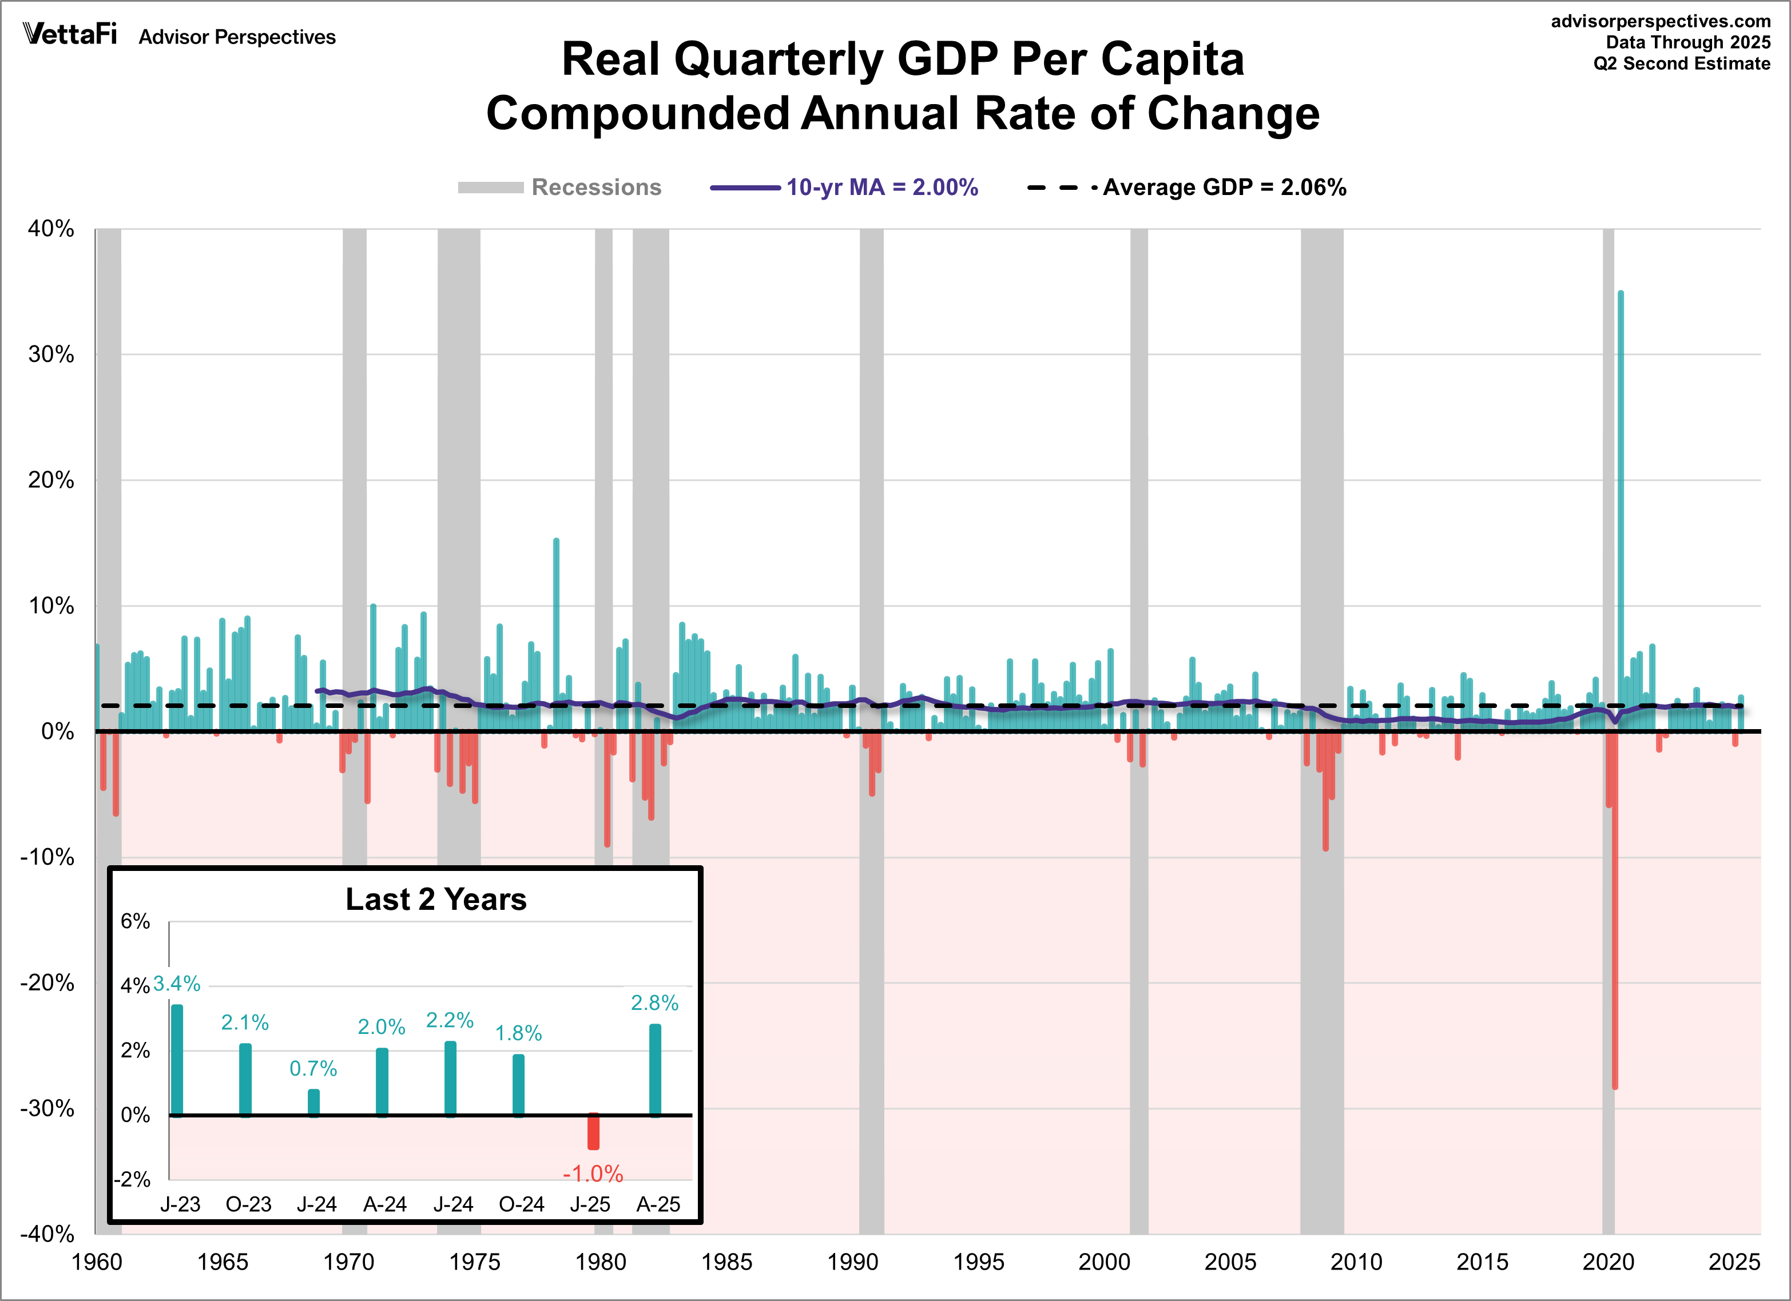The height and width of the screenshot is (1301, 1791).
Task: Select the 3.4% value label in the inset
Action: (176, 984)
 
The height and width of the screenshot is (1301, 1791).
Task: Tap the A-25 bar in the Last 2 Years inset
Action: (654, 1070)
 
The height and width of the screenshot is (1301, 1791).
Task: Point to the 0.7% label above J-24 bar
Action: (313, 1068)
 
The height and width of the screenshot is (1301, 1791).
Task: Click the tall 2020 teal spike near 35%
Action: (1621, 474)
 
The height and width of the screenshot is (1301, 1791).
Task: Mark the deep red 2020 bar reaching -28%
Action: (1615, 948)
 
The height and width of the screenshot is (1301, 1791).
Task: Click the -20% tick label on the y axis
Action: (47, 983)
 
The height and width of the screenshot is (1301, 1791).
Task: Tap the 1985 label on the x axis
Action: (726, 1262)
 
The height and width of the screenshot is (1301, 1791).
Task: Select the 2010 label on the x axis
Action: (1355, 1262)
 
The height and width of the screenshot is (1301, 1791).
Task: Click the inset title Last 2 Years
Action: (436, 899)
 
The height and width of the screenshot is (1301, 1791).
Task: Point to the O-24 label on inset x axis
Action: (521, 1204)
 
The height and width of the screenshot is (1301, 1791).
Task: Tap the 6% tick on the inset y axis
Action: (135, 921)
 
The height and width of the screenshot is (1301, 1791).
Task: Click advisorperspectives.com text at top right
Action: (1660, 21)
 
